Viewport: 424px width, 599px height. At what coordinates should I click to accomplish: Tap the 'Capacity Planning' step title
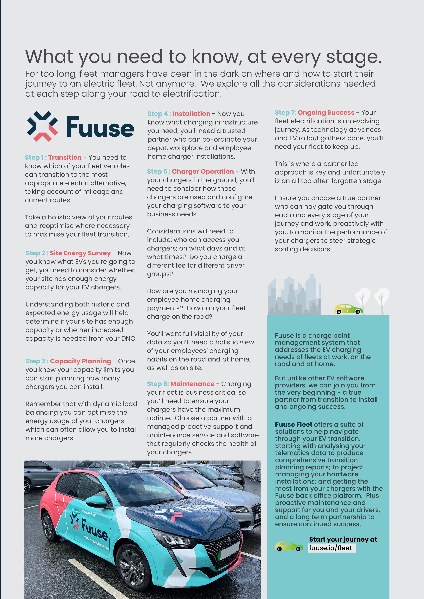[x=81, y=361]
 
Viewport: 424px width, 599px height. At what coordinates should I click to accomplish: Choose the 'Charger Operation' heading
[x=203, y=172]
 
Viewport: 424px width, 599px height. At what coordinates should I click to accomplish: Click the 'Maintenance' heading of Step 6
[x=192, y=384]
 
